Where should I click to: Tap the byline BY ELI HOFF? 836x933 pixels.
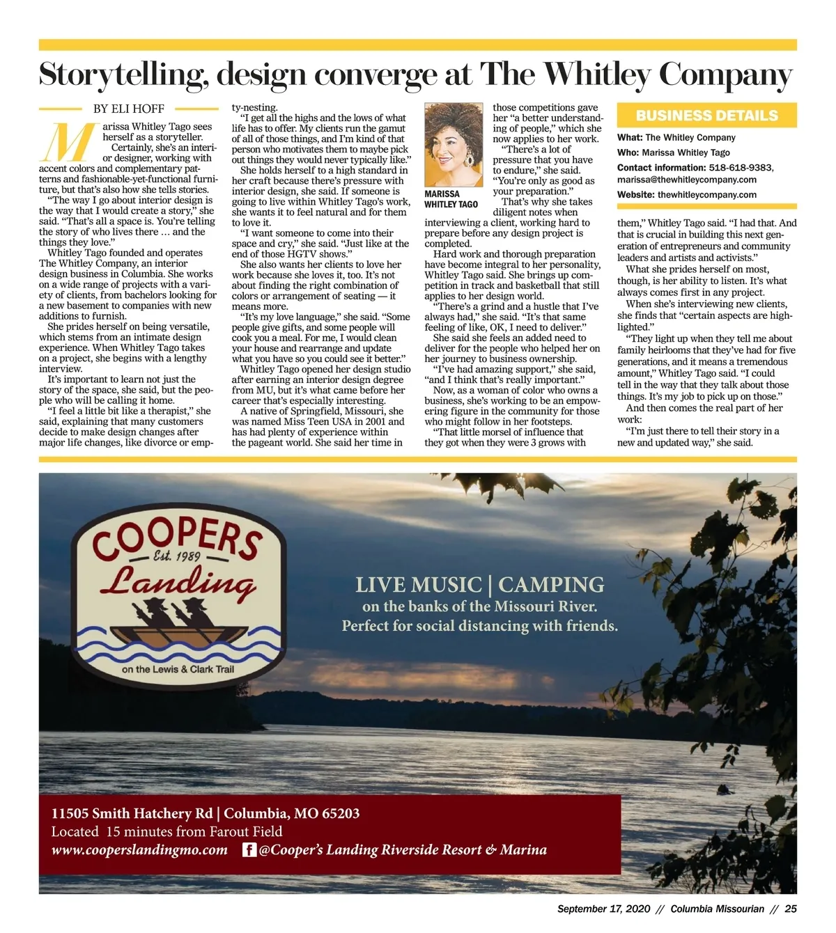pyautogui.click(x=129, y=109)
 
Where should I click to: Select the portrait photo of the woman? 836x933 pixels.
pyautogui.click(x=454, y=145)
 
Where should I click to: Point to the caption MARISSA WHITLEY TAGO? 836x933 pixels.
pyautogui.click(x=451, y=199)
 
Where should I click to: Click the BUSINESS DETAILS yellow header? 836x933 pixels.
pyautogui.click(x=706, y=116)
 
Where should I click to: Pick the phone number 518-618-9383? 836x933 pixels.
pyautogui.click(x=741, y=168)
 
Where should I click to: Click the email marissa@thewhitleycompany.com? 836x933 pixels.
pyautogui.click(x=686, y=180)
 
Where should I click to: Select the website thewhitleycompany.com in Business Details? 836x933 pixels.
pyautogui.click(x=706, y=195)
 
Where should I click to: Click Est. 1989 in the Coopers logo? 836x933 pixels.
pyautogui.click(x=177, y=557)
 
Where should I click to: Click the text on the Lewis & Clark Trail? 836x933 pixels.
pyautogui.click(x=178, y=670)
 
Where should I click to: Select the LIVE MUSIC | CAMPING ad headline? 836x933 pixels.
pyautogui.click(x=479, y=585)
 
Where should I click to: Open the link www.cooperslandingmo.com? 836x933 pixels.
pyautogui.click(x=139, y=850)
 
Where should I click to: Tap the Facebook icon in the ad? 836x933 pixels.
pyautogui.click(x=249, y=850)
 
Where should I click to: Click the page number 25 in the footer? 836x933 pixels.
pyautogui.click(x=790, y=909)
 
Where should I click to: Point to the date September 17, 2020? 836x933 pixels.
pyautogui.click(x=603, y=909)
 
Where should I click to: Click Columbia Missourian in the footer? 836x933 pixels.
pyautogui.click(x=718, y=909)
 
